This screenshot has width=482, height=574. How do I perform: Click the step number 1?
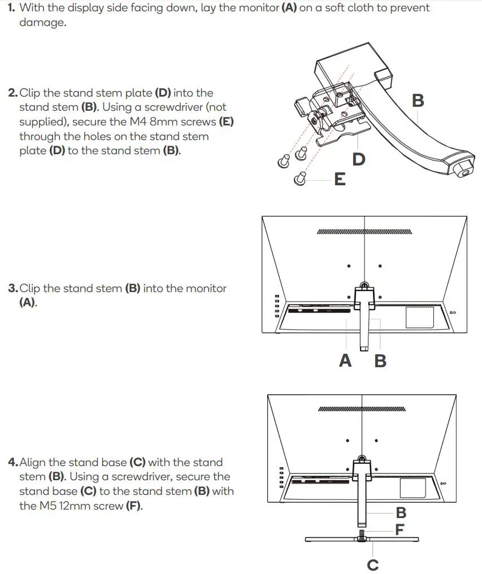click(11, 8)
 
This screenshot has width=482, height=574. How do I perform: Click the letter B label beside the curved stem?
click(418, 101)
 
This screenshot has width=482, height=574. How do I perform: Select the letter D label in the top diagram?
click(358, 160)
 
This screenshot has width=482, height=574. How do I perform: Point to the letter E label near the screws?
click(340, 180)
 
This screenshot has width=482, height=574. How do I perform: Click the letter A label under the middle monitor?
click(345, 360)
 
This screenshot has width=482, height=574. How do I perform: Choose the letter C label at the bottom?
click(373, 564)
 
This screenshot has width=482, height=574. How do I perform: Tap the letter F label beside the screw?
click(400, 530)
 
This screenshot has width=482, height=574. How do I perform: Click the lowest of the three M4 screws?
click(301, 179)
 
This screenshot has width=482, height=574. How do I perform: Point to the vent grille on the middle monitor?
click(364, 232)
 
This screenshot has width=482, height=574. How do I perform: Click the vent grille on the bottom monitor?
click(362, 408)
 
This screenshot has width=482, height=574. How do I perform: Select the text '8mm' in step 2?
click(164, 122)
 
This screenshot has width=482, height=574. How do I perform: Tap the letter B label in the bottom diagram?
click(401, 513)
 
